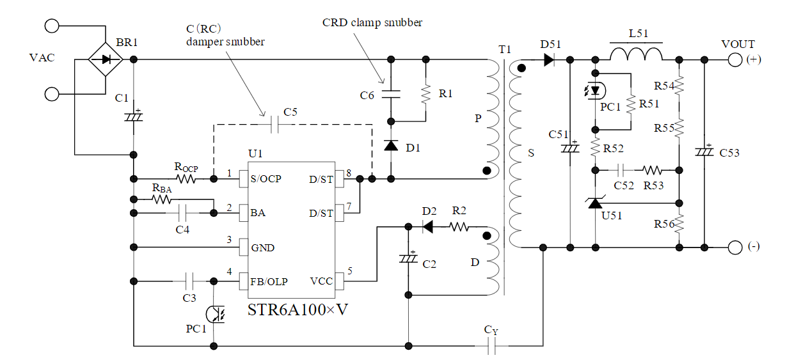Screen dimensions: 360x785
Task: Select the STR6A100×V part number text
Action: click(297, 310)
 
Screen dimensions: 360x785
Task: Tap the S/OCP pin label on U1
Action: click(266, 180)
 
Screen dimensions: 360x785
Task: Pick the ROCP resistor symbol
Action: click(186, 180)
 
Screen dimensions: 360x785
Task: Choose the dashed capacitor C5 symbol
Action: click(275, 124)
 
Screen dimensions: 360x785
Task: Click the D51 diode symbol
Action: click(548, 59)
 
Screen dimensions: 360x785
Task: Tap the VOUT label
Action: click(738, 44)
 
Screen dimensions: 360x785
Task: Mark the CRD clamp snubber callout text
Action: click(372, 23)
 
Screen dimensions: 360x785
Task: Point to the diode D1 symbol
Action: click(390, 146)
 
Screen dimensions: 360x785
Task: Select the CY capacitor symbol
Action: click(491, 346)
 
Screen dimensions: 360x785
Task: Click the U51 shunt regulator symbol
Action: click(595, 203)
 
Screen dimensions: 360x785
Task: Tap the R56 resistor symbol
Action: click(679, 224)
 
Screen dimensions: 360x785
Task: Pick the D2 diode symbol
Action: click(428, 226)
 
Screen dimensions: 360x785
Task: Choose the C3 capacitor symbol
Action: click(189, 280)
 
